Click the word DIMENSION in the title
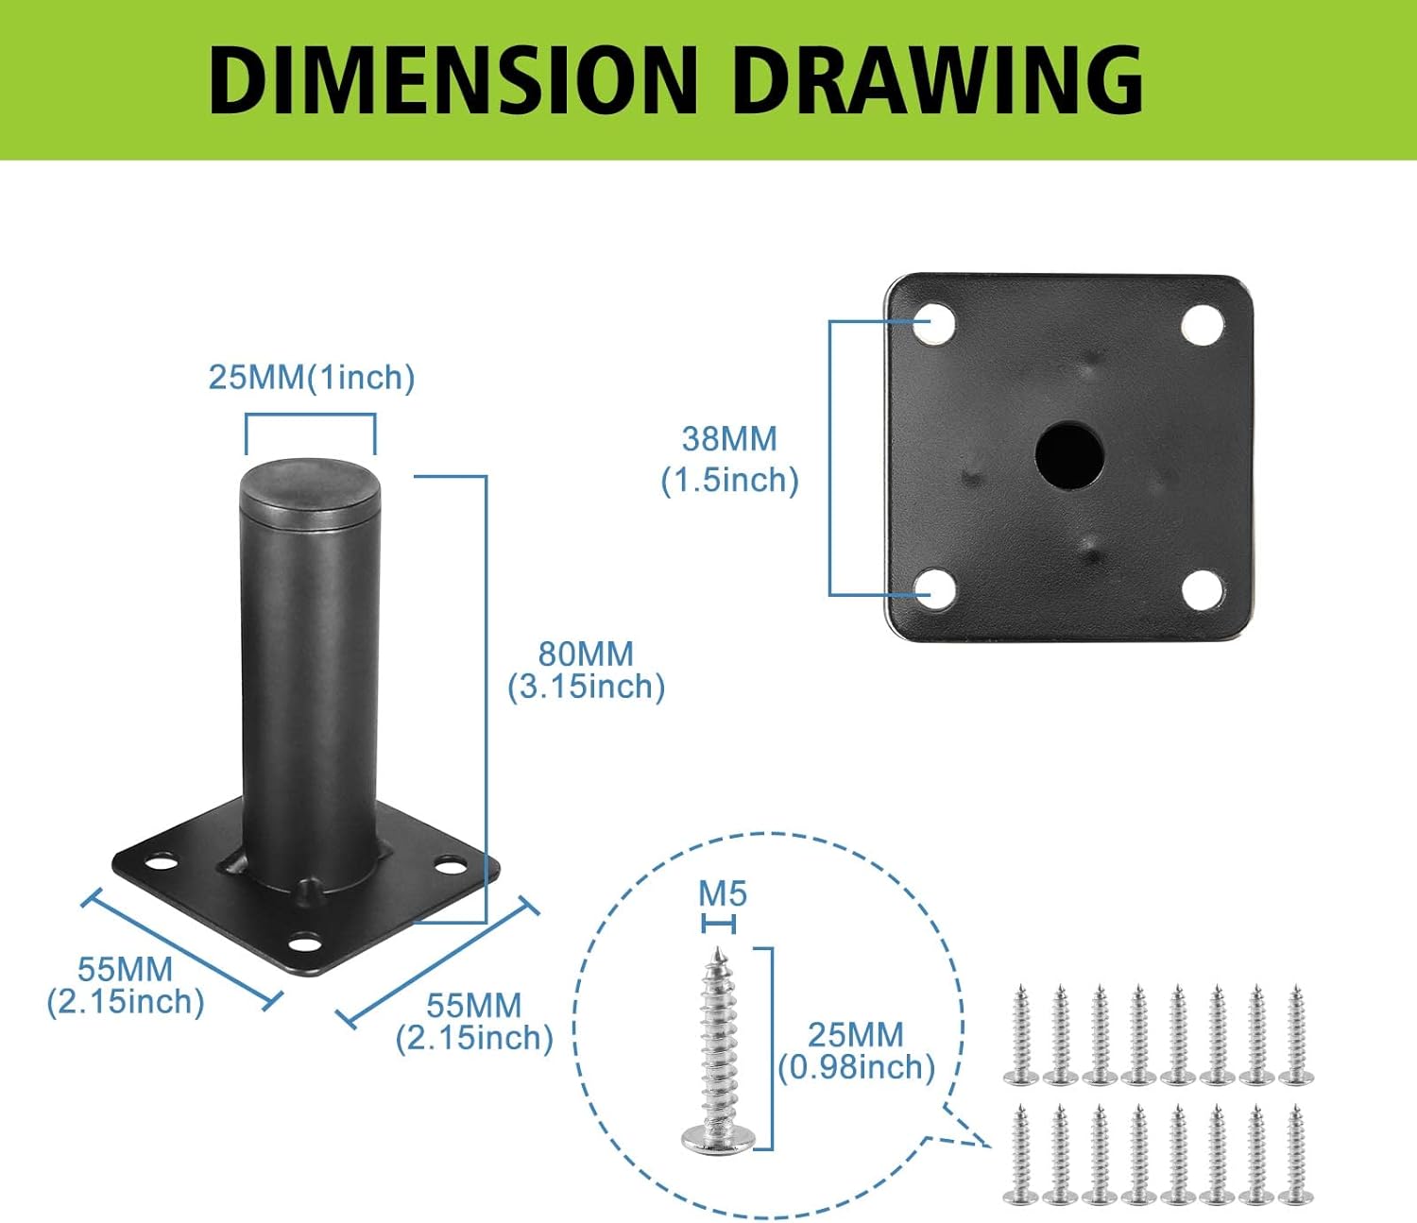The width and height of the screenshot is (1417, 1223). (453, 80)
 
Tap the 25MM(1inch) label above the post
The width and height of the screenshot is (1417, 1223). (312, 377)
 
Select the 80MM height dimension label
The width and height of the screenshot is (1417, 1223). (586, 671)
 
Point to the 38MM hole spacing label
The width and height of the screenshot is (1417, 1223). (729, 459)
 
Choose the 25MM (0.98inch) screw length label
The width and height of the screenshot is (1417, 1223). (856, 1051)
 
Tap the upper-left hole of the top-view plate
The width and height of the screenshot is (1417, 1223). (933, 323)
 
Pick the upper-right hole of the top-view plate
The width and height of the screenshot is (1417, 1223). (1203, 325)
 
